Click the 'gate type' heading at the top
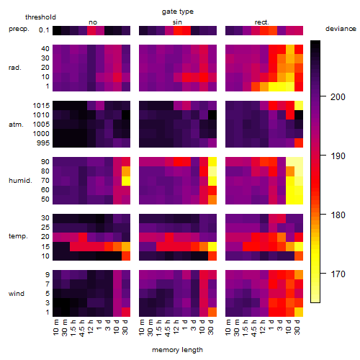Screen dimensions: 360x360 pyautogui.click(x=178, y=12)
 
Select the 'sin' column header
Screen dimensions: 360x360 pyautogui.click(x=177, y=22)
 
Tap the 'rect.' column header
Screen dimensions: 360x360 pyautogui.click(x=261, y=22)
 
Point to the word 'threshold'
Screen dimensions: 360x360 pyautogui.click(x=40, y=17)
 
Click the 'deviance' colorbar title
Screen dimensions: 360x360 pyautogui.click(x=341, y=29)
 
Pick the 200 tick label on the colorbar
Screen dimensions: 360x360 pyautogui.click(x=338, y=97)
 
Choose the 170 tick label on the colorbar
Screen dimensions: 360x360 pyautogui.click(x=338, y=274)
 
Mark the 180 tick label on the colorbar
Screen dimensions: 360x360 pyautogui.click(x=338, y=215)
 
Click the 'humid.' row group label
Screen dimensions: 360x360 pyautogui.click(x=20, y=180)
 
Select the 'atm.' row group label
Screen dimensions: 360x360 pyautogui.click(x=16, y=125)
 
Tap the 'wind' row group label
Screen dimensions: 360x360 pyautogui.click(x=17, y=293)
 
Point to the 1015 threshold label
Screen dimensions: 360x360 pyautogui.click(x=41, y=106)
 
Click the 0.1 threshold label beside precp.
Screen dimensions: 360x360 pyautogui.click(x=44, y=30)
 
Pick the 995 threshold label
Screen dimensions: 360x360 pyautogui.click(x=43, y=143)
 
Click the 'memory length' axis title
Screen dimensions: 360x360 pyautogui.click(x=177, y=350)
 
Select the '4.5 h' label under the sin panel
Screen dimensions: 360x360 pyautogui.click(x=168, y=328)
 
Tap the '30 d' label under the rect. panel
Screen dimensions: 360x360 pyautogui.click(x=297, y=327)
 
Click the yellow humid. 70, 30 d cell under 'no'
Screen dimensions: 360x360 pyautogui.click(x=126, y=181)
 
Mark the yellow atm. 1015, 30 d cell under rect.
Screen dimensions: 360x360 pyautogui.click(x=299, y=106)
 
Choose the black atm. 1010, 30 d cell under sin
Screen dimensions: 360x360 pyautogui.click(x=212, y=115)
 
